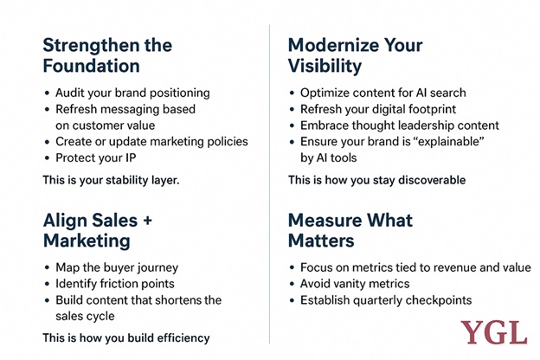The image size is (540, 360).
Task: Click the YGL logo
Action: click(x=494, y=332)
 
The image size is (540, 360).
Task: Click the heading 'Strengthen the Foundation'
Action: click(x=107, y=55)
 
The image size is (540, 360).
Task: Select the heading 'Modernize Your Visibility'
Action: click(x=355, y=55)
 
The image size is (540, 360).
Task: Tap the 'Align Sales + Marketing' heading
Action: click(x=98, y=230)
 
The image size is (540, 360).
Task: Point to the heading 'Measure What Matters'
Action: click(x=350, y=230)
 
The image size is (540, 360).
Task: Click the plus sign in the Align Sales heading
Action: click(x=147, y=221)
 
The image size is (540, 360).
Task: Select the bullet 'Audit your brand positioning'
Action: click(x=132, y=93)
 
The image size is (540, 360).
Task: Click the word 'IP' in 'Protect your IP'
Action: click(x=130, y=157)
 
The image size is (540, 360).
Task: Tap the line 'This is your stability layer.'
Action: click(x=111, y=180)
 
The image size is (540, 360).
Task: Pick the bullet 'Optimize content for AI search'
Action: click(x=383, y=93)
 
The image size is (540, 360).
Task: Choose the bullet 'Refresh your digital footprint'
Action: click(x=378, y=109)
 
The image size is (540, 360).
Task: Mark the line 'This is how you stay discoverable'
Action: click(x=376, y=180)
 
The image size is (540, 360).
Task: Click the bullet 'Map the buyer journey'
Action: click(x=117, y=267)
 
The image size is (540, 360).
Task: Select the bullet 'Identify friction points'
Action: click(x=115, y=284)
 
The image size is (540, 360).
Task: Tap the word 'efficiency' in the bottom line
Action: click(x=183, y=338)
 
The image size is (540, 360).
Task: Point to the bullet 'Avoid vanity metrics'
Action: click(x=355, y=284)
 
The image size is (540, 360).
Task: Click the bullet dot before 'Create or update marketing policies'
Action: click(x=48, y=142)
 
